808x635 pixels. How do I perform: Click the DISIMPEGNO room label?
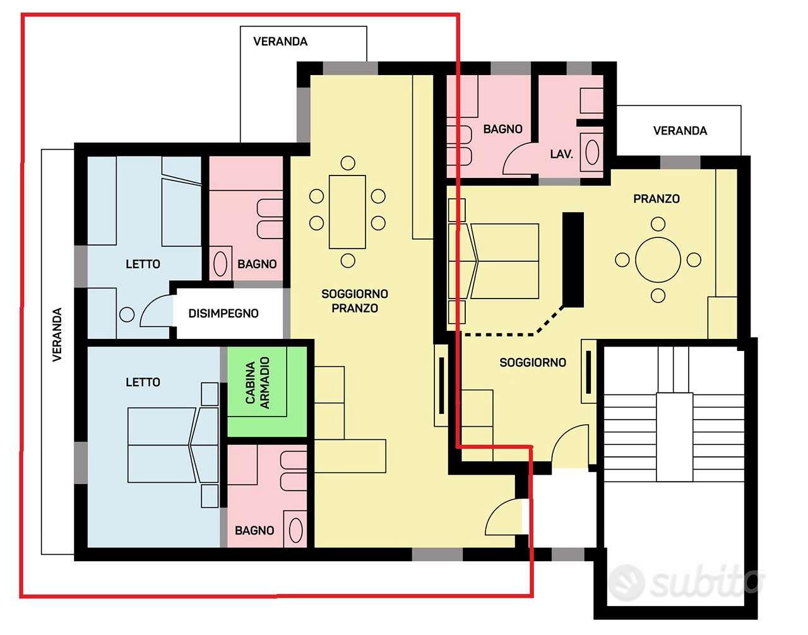(x=223, y=314)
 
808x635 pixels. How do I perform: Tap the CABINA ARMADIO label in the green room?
(x=258, y=383)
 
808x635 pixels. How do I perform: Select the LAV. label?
(x=561, y=154)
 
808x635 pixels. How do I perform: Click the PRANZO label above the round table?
(x=656, y=199)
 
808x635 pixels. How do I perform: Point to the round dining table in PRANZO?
(x=658, y=260)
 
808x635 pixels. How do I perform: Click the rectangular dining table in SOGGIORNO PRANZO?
(x=347, y=212)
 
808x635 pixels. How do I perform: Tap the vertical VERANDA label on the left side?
(x=57, y=335)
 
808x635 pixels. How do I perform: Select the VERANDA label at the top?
(x=280, y=41)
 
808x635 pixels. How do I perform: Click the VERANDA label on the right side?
(x=680, y=131)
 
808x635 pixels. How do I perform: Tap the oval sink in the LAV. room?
(x=592, y=151)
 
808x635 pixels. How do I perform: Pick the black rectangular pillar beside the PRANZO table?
(x=573, y=259)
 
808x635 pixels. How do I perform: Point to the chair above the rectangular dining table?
(x=348, y=163)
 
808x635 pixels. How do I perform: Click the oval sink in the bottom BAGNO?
(x=296, y=530)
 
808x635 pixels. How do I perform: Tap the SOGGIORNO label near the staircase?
(x=533, y=362)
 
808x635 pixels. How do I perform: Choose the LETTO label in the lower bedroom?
(x=143, y=382)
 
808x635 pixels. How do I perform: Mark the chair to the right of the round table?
(x=694, y=259)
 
